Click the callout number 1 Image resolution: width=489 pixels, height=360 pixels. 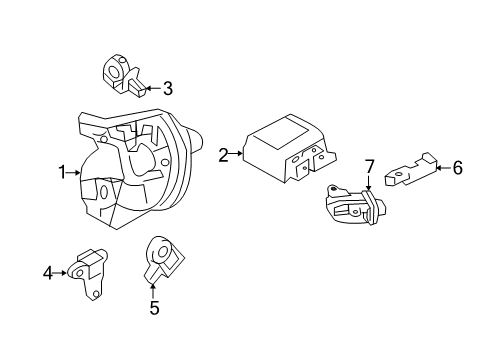click(62, 173)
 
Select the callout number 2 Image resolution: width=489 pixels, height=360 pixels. click(224, 154)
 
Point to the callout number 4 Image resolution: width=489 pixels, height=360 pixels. click(47, 271)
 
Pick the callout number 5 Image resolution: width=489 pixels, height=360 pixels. click(153, 309)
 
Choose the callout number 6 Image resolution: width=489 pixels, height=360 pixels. click(457, 168)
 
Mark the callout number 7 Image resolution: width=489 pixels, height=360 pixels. click(368, 166)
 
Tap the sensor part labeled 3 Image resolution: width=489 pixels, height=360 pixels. click(121, 74)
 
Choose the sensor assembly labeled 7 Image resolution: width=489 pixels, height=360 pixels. click(348, 206)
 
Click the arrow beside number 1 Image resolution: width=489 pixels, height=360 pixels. click(76, 173)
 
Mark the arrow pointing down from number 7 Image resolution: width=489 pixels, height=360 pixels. click(368, 184)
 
